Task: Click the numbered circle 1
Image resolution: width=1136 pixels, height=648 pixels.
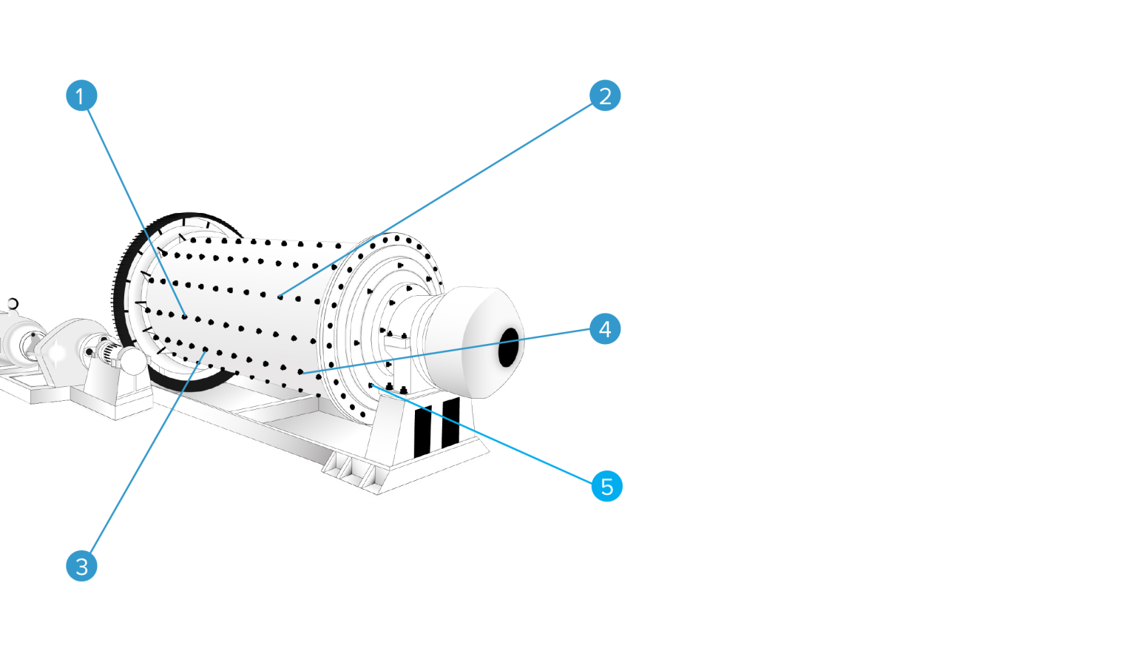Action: [x=81, y=95]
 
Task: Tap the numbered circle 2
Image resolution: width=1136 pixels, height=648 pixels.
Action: [x=605, y=96]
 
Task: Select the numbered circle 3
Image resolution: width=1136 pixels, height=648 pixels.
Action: [x=81, y=566]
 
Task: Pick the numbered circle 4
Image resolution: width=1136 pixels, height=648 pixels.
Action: [x=605, y=328]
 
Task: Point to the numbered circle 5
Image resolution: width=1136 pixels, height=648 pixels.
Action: [x=606, y=486]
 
